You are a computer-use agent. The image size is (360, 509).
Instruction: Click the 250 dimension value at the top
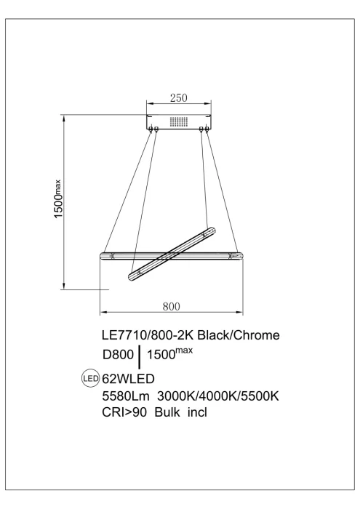click(x=178, y=97)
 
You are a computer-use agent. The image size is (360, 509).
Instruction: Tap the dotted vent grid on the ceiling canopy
click(x=178, y=121)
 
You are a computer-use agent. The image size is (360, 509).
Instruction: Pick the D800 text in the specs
click(x=119, y=356)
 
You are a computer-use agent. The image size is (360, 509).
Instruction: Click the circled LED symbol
click(x=91, y=378)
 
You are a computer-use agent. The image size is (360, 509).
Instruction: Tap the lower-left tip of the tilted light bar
click(x=132, y=275)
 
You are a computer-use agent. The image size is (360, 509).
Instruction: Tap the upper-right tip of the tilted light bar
click(x=211, y=231)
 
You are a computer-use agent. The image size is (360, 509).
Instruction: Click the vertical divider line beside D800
click(x=139, y=357)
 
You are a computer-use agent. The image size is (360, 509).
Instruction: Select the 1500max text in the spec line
click(x=170, y=355)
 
